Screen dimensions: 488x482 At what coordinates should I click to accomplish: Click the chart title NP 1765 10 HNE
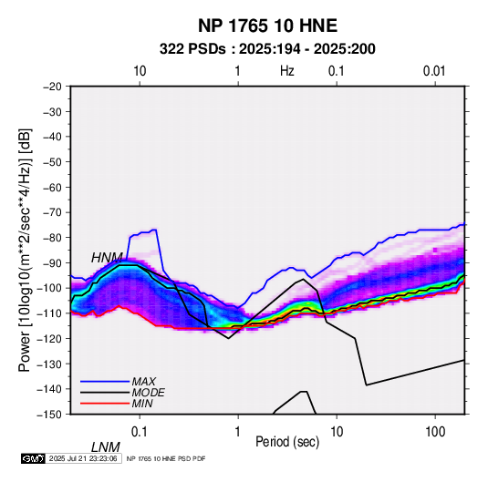tap(267, 26)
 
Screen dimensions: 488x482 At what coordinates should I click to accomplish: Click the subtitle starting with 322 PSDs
tap(267, 49)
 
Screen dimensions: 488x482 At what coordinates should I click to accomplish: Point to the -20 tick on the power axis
tap(52, 87)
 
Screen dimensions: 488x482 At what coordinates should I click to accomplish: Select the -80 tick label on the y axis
tap(52, 238)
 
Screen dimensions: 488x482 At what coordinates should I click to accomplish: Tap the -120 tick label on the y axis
tap(50, 338)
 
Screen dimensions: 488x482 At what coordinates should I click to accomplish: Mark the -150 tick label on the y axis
tap(50, 415)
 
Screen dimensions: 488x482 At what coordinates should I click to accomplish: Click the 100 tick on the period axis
tap(435, 432)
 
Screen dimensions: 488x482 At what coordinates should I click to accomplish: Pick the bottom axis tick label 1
tap(238, 432)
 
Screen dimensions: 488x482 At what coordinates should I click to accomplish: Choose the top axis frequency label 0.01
tap(434, 71)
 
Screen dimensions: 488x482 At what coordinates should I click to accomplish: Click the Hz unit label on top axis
tap(287, 71)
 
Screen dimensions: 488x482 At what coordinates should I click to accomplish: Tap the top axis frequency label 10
tap(140, 71)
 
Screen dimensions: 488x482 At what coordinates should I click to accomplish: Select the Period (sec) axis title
tap(287, 442)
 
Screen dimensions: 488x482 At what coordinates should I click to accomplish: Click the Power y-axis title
tap(25, 251)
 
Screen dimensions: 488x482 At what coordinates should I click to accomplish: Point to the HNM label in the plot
tap(107, 258)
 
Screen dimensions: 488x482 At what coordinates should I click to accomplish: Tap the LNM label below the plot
tap(106, 447)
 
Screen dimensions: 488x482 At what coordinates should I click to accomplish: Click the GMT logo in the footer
tap(33, 458)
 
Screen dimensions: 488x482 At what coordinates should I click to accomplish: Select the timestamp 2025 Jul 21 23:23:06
tap(83, 458)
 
